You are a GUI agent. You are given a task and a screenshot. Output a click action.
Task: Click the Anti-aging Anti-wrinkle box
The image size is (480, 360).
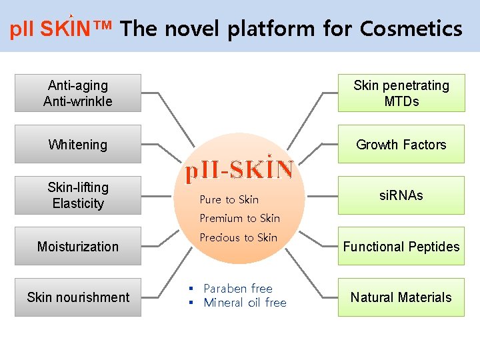(78, 93)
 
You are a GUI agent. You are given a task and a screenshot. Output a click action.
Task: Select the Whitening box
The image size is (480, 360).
(78, 144)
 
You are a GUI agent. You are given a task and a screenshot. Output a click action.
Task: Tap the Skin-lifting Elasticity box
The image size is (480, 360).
(78, 195)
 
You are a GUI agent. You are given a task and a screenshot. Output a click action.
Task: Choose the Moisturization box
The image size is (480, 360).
(78, 247)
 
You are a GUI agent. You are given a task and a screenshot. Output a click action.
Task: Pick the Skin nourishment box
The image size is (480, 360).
(78, 297)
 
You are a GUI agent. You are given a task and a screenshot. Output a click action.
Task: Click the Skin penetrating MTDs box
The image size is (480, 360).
(401, 93)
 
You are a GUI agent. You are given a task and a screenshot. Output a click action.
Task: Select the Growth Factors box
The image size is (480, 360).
(401, 144)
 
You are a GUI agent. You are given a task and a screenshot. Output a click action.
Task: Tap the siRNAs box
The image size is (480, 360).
(401, 195)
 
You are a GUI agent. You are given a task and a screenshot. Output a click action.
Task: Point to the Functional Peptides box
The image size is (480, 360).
(401, 247)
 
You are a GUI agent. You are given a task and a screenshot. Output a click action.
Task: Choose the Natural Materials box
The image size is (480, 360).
(401, 297)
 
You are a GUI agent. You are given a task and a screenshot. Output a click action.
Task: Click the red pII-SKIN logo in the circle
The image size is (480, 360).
(239, 171)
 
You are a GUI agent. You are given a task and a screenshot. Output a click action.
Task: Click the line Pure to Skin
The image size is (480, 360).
(229, 199)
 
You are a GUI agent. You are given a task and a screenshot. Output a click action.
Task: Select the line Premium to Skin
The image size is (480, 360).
(240, 218)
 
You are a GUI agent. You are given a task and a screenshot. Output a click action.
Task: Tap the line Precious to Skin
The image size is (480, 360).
(239, 237)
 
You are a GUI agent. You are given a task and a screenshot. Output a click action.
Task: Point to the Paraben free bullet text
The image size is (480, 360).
(238, 289)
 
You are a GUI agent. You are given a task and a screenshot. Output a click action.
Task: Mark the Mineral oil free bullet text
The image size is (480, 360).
(245, 303)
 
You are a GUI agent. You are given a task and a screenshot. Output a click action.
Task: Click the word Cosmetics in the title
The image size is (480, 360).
(411, 29)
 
